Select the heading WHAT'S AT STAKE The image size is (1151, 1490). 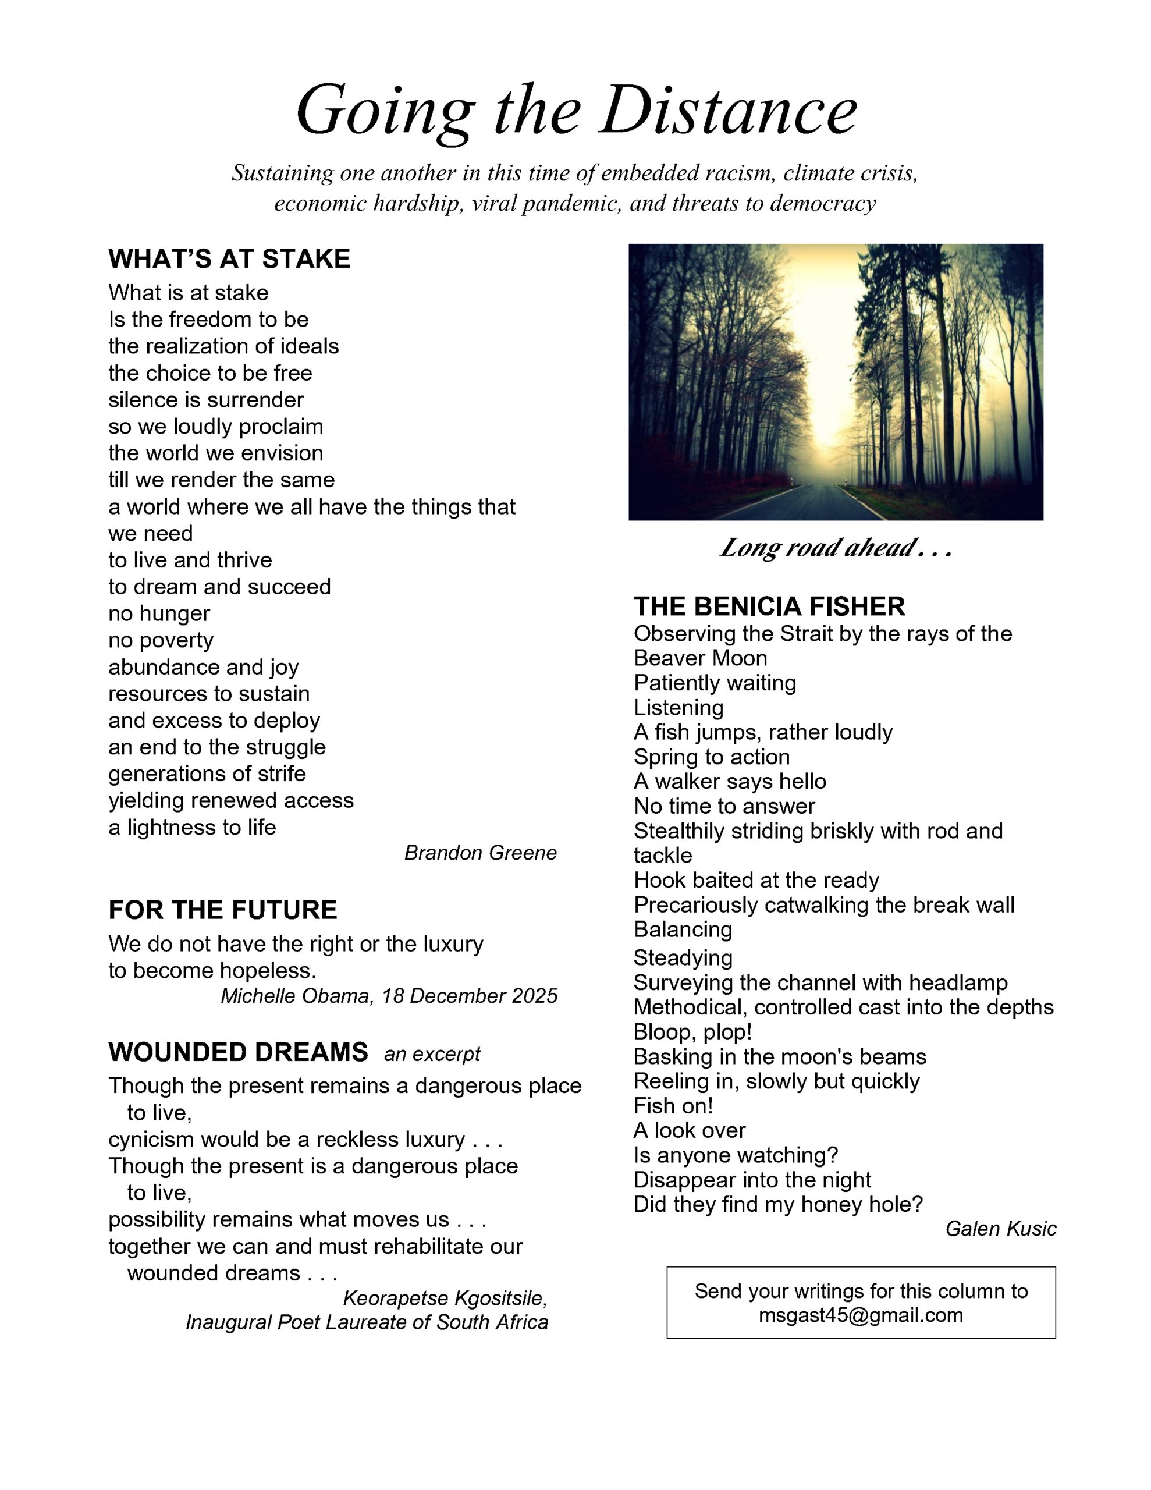pyautogui.click(x=229, y=258)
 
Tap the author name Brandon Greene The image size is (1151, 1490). pyautogui.click(x=480, y=853)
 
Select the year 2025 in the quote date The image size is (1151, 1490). pyautogui.click(x=534, y=996)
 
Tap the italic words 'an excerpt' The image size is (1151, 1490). pyautogui.click(x=432, y=1054)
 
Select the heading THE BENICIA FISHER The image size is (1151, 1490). pyautogui.click(x=769, y=606)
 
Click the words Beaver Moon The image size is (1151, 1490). pyautogui.click(x=700, y=658)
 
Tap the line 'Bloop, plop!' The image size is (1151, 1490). pyautogui.click(x=692, y=1031)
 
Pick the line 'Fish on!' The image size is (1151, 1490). pyautogui.click(x=673, y=1105)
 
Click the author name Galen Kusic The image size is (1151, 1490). pyautogui.click(x=1000, y=1229)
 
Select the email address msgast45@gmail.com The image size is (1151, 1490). pyautogui.click(x=861, y=1315)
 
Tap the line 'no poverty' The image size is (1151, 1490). pyautogui.click(x=161, y=640)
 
